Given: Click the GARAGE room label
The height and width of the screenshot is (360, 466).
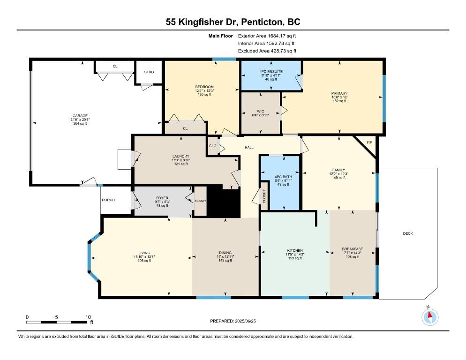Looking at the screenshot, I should pos(80,116).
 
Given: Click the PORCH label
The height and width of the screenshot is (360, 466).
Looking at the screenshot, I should pos(108,200).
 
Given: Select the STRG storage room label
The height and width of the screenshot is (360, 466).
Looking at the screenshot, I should pos(149,72).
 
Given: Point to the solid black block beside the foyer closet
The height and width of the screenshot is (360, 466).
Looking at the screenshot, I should pos(223,201).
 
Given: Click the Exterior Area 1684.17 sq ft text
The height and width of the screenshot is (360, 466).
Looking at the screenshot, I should pos(267,36).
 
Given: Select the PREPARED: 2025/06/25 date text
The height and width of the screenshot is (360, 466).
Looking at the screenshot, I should pos(233,321).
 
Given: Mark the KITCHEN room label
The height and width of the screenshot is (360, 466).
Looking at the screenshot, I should pos(295,250).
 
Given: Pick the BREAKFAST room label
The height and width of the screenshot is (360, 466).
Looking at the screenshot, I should pos(353,249).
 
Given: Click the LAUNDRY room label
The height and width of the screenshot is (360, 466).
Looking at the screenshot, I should pos(181,156).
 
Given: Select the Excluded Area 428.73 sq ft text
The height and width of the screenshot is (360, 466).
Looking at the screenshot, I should pos(267,51).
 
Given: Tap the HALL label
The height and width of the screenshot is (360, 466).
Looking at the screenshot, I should pos(249,148).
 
